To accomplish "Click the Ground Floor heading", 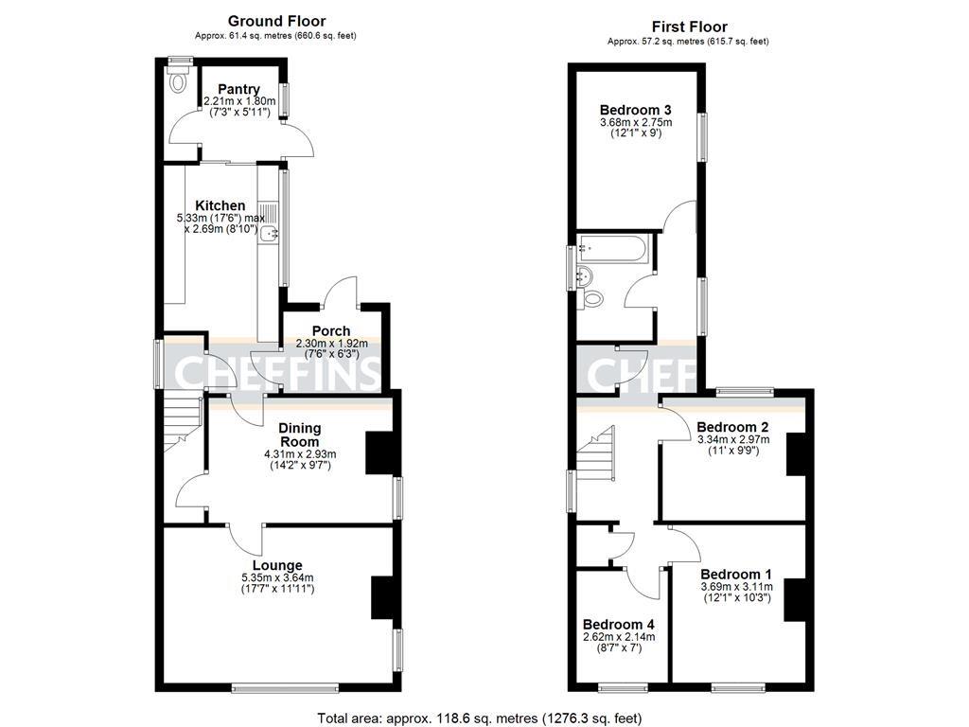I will pyautogui.click(x=276, y=21).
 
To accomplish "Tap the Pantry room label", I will pyautogui.click(x=238, y=89).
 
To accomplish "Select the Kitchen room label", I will pyautogui.click(x=220, y=205).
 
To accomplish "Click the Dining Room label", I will pyautogui.click(x=299, y=435).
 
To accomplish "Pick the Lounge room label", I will pyautogui.click(x=276, y=565).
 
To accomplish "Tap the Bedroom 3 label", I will pyautogui.click(x=635, y=108).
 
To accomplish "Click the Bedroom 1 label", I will pyautogui.click(x=735, y=574).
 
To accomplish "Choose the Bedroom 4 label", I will pyautogui.click(x=617, y=625).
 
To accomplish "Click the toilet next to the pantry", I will pyautogui.click(x=177, y=83).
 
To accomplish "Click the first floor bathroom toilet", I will pyautogui.click(x=592, y=299).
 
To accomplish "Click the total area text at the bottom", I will pyautogui.click(x=484, y=718).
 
